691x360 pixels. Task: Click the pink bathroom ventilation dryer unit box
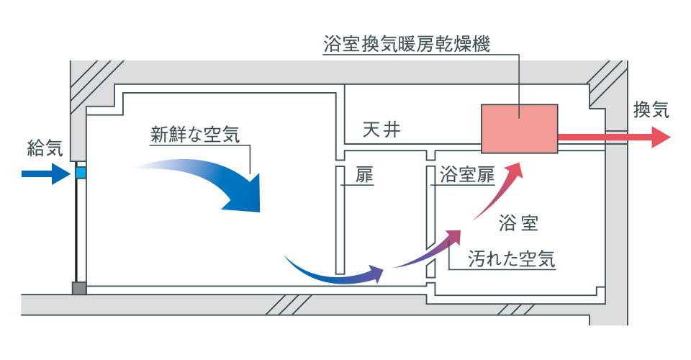pyautogui.click(x=520, y=128)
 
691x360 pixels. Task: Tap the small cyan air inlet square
pyautogui.click(x=81, y=173)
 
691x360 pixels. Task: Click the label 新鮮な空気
pyautogui.click(x=194, y=134)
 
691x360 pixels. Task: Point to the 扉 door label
pyautogui.click(x=364, y=175)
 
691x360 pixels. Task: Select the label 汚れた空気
pyautogui.click(x=511, y=258)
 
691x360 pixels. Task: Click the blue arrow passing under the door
pyautogui.click(x=331, y=272)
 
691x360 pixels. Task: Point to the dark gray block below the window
pyautogui.click(x=79, y=287)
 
